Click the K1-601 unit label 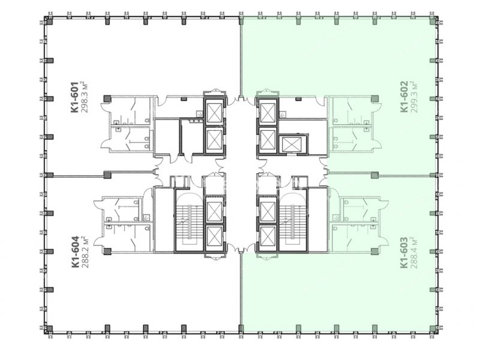click(x=76, y=97)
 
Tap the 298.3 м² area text click(x=85, y=97)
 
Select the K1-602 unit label click(x=404, y=97)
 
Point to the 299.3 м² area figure click(x=414, y=97)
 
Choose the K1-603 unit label click(x=404, y=253)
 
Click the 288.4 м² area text click(x=414, y=253)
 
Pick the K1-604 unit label click(x=76, y=251)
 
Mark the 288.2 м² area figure click(x=85, y=251)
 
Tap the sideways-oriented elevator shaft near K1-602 click(x=292, y=143)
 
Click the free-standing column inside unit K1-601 click(x=107, y=98)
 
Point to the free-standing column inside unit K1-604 click(x=107, y=251)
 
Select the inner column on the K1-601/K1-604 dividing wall click(x=107, y=175)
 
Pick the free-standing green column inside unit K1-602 click(x=374, y=98)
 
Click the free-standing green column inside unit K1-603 click(x=374, y=251)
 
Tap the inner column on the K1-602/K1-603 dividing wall click(x=374, y=175)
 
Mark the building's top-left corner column click(x=49, y=21)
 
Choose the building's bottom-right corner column click(x=433, y=329)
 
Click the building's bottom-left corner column click(x=49, y=329)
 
